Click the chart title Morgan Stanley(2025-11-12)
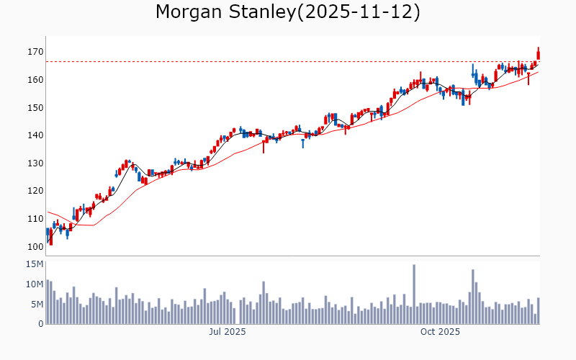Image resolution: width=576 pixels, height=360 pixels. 288,12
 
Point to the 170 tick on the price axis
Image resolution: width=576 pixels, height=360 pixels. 35,52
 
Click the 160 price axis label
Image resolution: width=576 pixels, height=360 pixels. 35,80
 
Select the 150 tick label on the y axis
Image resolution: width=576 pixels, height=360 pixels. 35,108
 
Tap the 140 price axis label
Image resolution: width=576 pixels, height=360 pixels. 35,135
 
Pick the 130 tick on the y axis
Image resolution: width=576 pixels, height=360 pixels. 35,163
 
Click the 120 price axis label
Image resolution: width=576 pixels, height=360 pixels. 35,192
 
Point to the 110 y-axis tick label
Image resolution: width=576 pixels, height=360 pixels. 35,219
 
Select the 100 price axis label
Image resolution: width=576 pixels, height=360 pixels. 35,247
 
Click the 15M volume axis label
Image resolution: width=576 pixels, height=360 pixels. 35,264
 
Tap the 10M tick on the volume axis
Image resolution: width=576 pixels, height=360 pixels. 35,284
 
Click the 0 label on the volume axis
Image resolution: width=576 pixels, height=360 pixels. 40,324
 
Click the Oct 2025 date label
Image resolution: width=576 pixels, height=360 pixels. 440,332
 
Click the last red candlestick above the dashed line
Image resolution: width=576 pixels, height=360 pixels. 538,54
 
